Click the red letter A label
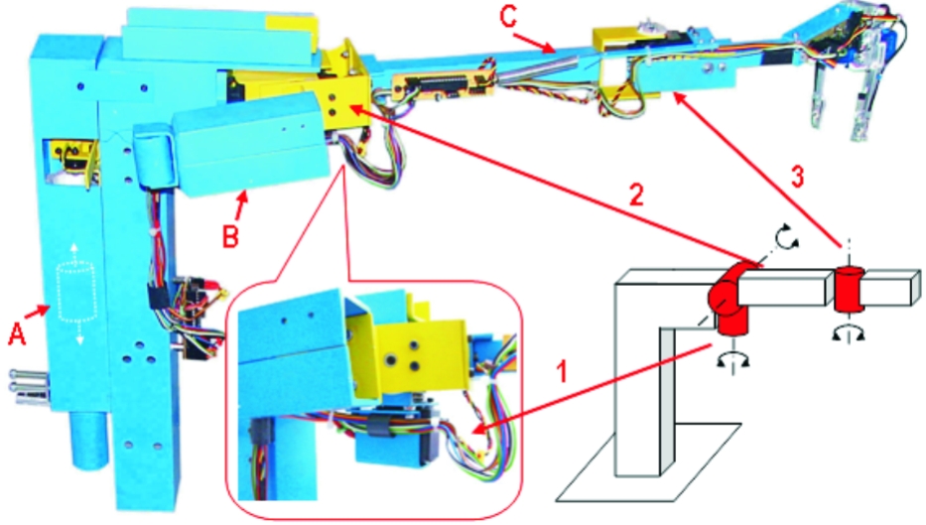[17, 333]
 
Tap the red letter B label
[230, 236]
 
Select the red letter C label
[508, 16]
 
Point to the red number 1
[562, 371]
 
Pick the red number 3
[797, 177]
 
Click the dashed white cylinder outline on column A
[76, 294]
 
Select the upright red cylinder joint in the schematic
[849, 290]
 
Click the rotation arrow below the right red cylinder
[848, 334]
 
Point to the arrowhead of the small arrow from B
[243, 198]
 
